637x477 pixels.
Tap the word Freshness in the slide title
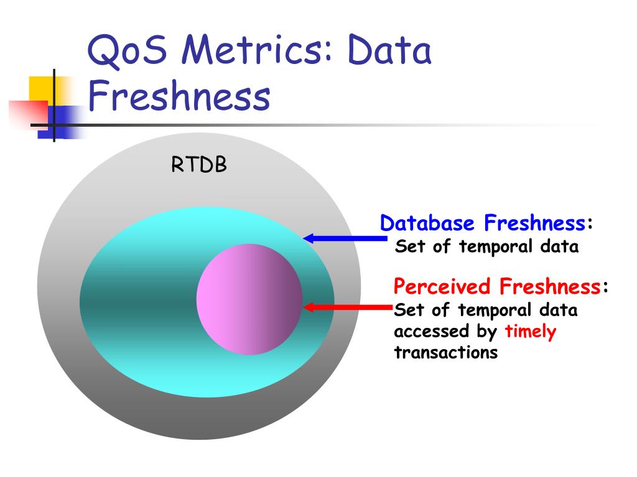pyautogui.click(x=179, y=98)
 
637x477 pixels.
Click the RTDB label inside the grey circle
pyautogui.click(x=199, y=166)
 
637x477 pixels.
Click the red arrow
pyautogui.click(x=346, y=306)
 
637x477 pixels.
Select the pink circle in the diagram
pyautogui.click(x=249, y=299)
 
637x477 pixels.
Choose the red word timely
pyautogui.click(x=530, y=332)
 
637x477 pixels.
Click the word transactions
pyautogui.click(x=445, y=353)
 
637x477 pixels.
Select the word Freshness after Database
pyautogui.click(x=534, y=223)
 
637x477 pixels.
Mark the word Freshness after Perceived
pyautogui.click(x=549, y=287)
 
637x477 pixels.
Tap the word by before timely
pyautogui.click(x=486, y=332)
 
